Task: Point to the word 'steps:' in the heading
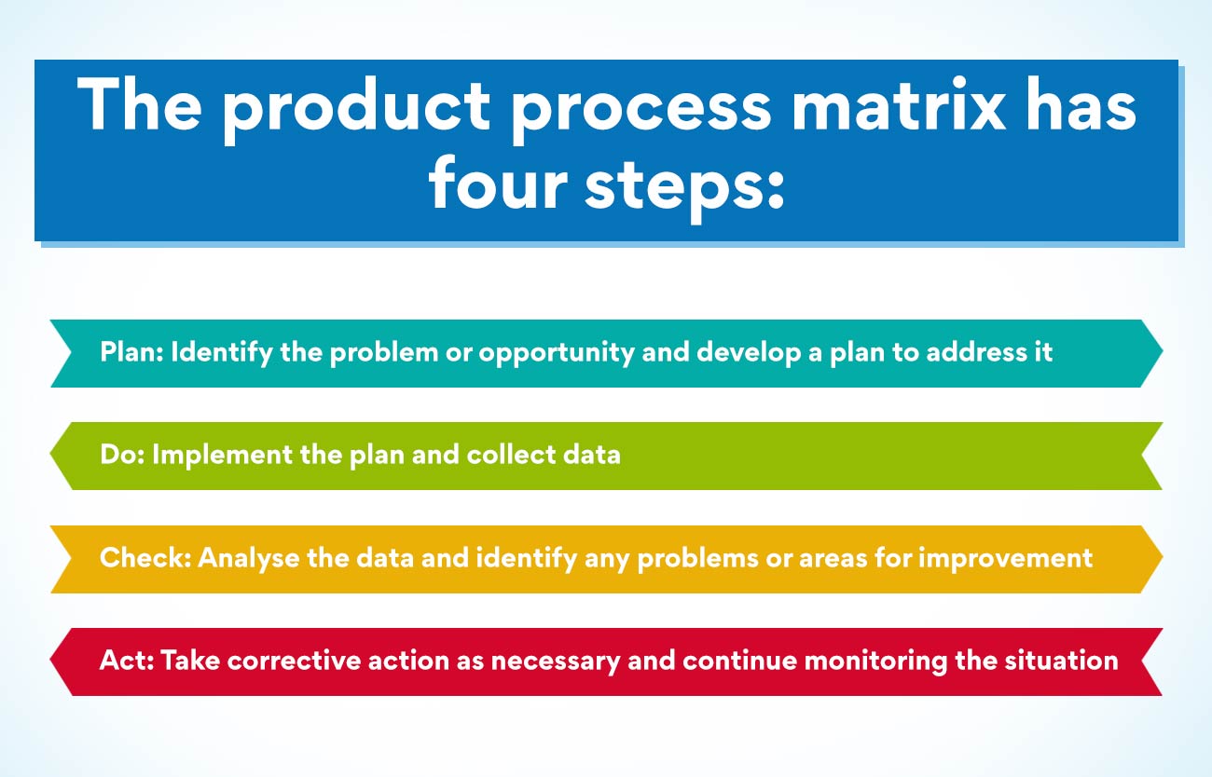pyautogui.click(x=684, y=184)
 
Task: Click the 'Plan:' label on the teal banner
pyautogui.click(x=131, y=353)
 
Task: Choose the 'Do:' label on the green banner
pyautogui.click(x=121, y=456)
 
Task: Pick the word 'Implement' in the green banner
pyautogui.click(x=214, y=457)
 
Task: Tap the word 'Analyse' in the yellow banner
pyautogui.click(x=249, y=558)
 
